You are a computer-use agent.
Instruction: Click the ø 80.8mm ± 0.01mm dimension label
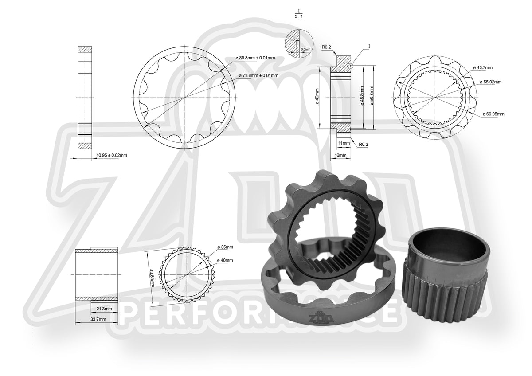[257, 58]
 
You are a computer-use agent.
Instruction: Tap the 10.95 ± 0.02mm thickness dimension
[112, 155]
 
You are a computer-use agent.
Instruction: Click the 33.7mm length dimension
[98, 319]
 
